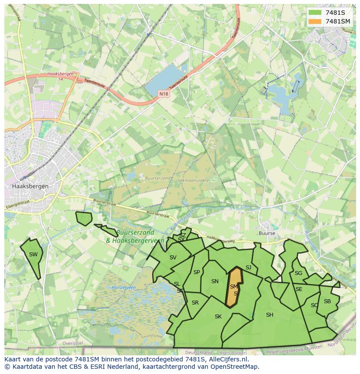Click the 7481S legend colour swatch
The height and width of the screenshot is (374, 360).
coord(315,13)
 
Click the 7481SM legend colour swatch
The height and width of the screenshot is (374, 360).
coord(315,21)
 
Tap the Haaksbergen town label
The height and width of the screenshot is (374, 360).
coord(30,186)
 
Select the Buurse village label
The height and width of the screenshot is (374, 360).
coord(267,233)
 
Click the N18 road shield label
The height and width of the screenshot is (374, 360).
coord(163,93)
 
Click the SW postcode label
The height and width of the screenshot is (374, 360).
coord(33,255)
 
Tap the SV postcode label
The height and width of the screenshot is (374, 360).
coord(173,258)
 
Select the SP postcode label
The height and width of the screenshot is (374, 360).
coord(197,272)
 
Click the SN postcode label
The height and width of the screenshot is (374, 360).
coord(215,281)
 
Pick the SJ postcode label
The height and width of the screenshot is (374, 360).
coord(248,268)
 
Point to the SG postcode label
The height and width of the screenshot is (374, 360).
coord(298,273)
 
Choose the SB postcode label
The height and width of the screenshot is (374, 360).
coord(327,301)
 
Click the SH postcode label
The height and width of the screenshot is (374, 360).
coord(270,315)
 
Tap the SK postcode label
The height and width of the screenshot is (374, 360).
coord(218,317)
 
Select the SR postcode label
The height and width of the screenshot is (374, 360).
coord(195,303)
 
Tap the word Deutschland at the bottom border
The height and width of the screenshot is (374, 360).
coord(198,352)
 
